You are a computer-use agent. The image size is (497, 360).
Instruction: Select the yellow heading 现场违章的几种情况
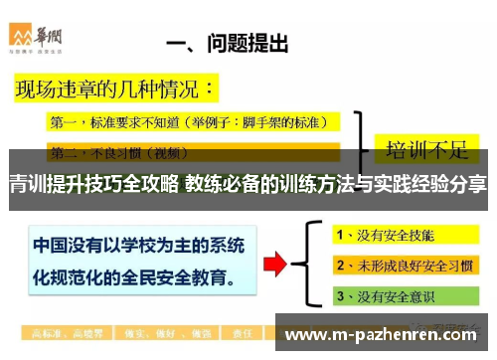[113, 91]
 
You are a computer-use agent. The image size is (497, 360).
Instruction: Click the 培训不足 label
[426, 148]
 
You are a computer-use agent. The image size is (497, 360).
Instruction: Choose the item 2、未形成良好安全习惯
[403, 267]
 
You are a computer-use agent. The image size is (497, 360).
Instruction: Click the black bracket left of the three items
[319, 263]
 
